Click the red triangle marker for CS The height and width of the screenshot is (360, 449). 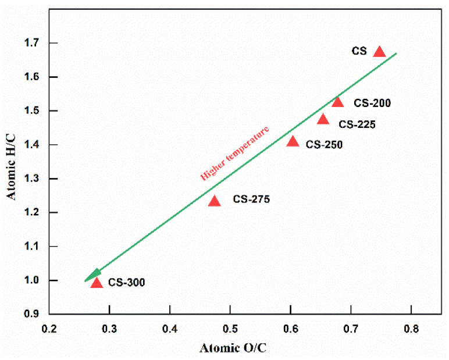[x=379, y=52]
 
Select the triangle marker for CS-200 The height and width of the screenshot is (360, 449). [x=338, y=102]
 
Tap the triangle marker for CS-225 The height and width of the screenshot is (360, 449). [x=323, y=119]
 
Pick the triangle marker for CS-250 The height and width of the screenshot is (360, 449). [x=293, y=141]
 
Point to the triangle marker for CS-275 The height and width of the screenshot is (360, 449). [x=215, y=201]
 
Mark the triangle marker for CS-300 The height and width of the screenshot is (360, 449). [x=97, y=283]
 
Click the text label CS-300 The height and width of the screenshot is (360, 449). [x=126, y=283]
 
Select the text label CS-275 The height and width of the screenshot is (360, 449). [x=251, y=199]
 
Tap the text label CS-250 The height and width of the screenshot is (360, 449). [x=324, y=144]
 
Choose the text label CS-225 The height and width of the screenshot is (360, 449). [x=357, y=124]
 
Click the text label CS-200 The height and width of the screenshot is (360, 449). [x=372, y=104]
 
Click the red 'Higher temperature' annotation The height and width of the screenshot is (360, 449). [x=235, y=153]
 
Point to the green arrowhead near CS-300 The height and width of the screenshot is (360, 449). [x=95, y=274]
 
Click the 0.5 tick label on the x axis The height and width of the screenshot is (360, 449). [x=230, y=329]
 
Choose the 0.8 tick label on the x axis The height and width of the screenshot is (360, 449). [x=411, y=329]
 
